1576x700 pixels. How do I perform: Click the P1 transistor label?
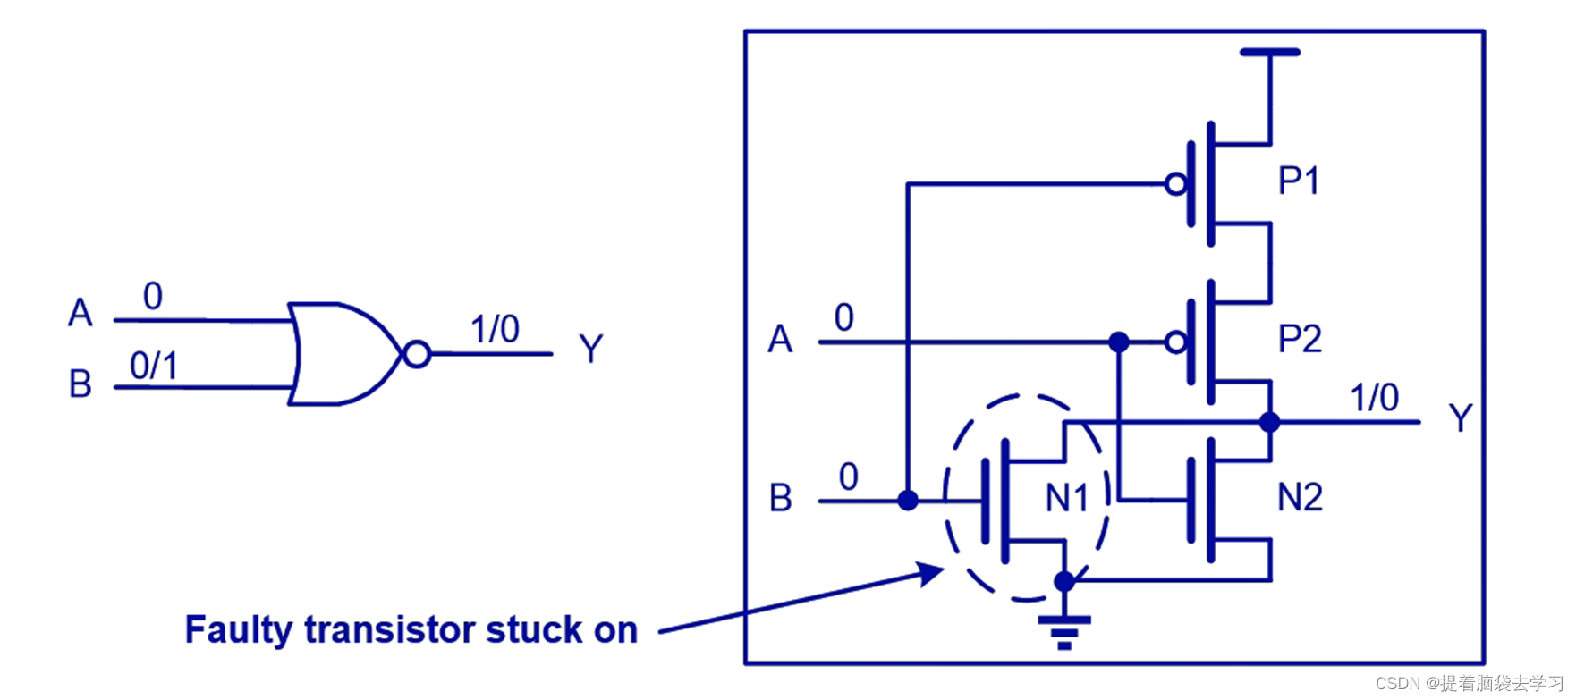pos(1298,181)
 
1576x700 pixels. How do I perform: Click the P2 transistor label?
pos(1299,340)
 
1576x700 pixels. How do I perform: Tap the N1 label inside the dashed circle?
pos(1066,498)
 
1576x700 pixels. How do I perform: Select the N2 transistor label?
pos(1299,497)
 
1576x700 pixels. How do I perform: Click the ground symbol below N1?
pos(1063,631)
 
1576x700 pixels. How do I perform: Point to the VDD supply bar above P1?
pos(1269,53)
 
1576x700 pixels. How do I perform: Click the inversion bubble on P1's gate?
pos(1176,185)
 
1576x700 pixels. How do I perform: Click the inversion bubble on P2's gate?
pos(1176,342)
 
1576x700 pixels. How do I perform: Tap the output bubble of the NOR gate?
pos(417,354)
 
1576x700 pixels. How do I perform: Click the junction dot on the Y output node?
pos(1269,422)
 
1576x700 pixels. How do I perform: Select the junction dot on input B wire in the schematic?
pos(908,501)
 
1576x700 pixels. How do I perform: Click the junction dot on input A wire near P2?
pos(1118,342)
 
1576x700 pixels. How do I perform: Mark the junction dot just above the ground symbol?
pos(1063,582)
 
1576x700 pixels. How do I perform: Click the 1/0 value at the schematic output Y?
pos(1374,398)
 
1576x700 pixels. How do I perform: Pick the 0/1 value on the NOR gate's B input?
pos(154,366)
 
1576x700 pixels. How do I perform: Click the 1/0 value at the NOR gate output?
pos(495,329)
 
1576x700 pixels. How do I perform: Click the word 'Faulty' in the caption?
pos(238,630)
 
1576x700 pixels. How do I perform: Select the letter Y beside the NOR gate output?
pos(590,349)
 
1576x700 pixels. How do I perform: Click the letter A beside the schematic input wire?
pos(780,340)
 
